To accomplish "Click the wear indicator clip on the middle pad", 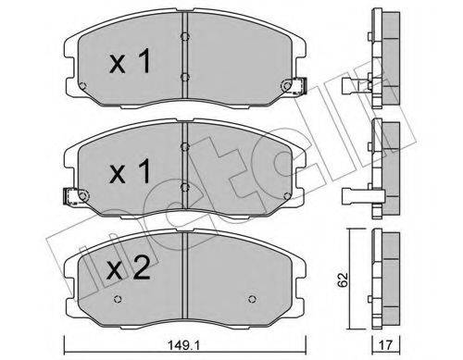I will pyautogui.click(x=72, y=196).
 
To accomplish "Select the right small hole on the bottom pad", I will pyautogui.click(x=254, y=299).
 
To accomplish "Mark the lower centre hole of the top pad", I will pyautogui.click(x=185, y=78).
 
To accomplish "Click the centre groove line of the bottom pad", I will pyautogui.click(x=185, y=278).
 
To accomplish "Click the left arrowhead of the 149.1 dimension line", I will pyautogui.click(x=65, y=339).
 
